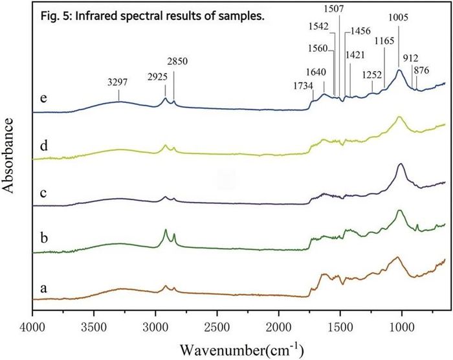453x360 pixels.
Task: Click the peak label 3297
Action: pos(117,82)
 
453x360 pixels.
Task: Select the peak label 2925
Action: pos(157,77)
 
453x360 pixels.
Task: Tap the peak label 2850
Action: pos(178,62)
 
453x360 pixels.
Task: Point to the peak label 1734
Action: pos(304,86)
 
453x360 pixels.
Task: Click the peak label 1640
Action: pos(316,72)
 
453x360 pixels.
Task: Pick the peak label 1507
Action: pos(334,8)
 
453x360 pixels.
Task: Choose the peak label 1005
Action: pos(399,18)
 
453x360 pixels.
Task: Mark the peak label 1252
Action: pos(372,76)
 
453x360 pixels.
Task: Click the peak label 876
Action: pos(421,71)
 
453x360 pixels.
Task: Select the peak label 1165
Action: pos(384,41)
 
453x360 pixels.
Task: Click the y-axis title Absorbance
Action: pos(8,155)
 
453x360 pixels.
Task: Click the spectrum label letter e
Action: pos(43,98)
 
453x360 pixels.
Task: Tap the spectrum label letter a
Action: pos(43,288)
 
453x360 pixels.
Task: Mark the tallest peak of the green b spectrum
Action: pos(400,210)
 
